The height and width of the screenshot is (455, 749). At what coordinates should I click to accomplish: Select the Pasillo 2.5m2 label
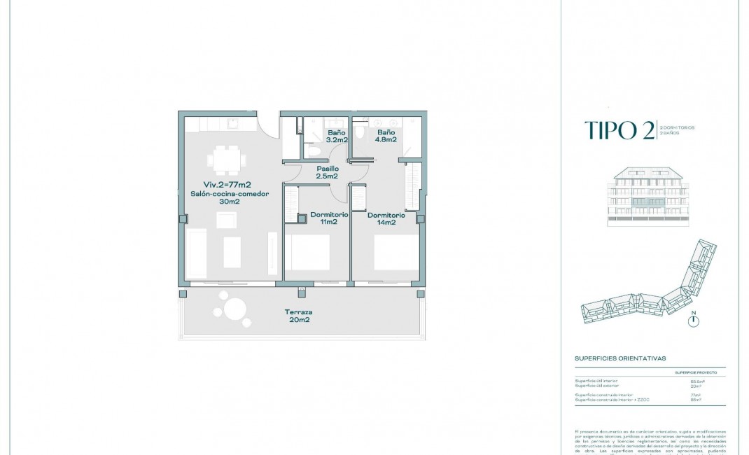328,173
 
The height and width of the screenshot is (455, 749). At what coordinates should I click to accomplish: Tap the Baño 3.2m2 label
336,136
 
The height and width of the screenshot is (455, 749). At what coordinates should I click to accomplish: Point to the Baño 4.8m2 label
386,136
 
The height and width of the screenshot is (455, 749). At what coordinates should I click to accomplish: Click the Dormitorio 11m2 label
324,218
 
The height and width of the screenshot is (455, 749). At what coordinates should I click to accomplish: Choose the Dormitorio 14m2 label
386,218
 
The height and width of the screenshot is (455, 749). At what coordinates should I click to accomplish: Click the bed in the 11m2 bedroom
307,252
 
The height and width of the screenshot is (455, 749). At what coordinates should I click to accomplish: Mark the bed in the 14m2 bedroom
397,252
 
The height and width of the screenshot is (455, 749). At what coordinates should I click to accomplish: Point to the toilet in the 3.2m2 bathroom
314,150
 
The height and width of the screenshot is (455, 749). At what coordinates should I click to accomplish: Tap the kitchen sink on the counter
234,124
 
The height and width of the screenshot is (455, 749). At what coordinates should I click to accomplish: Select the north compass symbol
694,321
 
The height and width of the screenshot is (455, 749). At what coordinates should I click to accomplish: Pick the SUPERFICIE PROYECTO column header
695,373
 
